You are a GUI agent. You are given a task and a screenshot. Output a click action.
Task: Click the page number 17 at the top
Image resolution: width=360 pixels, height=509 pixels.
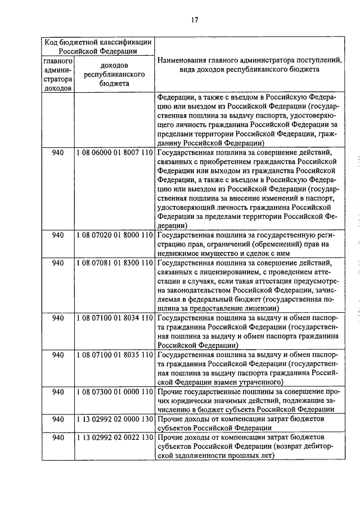tap(194, 20)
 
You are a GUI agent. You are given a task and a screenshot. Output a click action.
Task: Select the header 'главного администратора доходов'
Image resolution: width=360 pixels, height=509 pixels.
tap(57, 74)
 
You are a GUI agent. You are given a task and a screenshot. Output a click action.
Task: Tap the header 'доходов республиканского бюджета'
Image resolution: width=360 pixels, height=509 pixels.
tap(114, 74)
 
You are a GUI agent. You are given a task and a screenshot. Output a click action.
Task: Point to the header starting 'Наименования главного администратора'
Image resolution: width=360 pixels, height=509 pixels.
tap(250, 65)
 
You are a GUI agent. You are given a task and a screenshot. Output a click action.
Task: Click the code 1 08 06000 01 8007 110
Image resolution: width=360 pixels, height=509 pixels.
tap(114, 152)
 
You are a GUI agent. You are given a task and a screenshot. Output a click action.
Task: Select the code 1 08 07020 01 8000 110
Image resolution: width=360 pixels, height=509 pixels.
tap(114, 235)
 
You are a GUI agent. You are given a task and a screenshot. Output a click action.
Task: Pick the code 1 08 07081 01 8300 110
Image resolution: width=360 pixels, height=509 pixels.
tap(114, 263)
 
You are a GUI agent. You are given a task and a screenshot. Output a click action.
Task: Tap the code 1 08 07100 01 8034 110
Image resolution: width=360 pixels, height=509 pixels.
tap(114, 318)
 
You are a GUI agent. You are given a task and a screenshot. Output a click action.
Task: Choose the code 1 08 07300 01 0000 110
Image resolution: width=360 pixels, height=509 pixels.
tap(114, 391)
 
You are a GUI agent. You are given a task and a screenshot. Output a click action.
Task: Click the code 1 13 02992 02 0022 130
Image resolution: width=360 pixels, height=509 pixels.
tap(114, 438)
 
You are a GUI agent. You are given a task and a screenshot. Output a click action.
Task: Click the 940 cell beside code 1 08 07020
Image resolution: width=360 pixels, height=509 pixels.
tap(57, 235)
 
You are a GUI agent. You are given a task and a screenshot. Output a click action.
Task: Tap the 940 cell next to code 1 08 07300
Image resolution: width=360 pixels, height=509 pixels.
tap(57, 391)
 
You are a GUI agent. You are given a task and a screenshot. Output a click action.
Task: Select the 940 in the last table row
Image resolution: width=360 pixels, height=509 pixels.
tap(57, 438)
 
